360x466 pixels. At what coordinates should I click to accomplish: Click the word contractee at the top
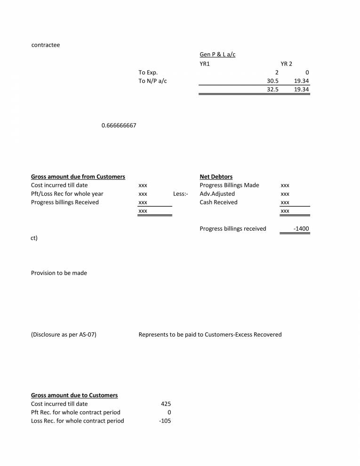pyautogui.click(x=45, y=45)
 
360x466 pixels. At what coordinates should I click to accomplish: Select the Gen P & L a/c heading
pyautogui.click(x=217, y=55)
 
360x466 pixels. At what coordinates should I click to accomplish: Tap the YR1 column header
pyautogui.click(x=204, y=64)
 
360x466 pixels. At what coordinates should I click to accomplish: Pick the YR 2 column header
pyautogui.click(x=286, y=64)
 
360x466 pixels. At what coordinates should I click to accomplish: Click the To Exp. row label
pyautogui.click(x=148, y=72)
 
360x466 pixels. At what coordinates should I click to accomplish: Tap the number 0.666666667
pyautogui.click(x=119, y=126)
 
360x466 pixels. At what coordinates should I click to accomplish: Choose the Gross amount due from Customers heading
pyautogui.click(x=78, y=177)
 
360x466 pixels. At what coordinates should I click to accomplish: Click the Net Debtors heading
pyautogui.click(x=216, y=177)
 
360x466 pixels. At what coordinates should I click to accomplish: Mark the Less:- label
pyautogui.click(x=181, y=193)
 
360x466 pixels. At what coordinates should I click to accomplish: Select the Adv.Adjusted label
pyautogui.click(x=217, y=193)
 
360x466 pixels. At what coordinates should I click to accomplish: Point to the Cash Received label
pyautogui.click(x=218, y=202)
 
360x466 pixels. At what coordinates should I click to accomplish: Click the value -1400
pyautogui.click(x=301, y=229)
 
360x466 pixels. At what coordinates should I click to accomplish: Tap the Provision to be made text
pyautogui.click(x=59, y=273)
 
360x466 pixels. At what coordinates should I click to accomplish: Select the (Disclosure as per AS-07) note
pyautogui.click(x=64, y=335)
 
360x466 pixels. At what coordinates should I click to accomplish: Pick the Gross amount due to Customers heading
pyautogui.click(x=74, y=395)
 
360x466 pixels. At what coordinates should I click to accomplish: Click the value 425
pyautogui.click(x=166, y=403)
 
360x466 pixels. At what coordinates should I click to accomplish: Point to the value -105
pyautogui.click(x=165, y=420)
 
